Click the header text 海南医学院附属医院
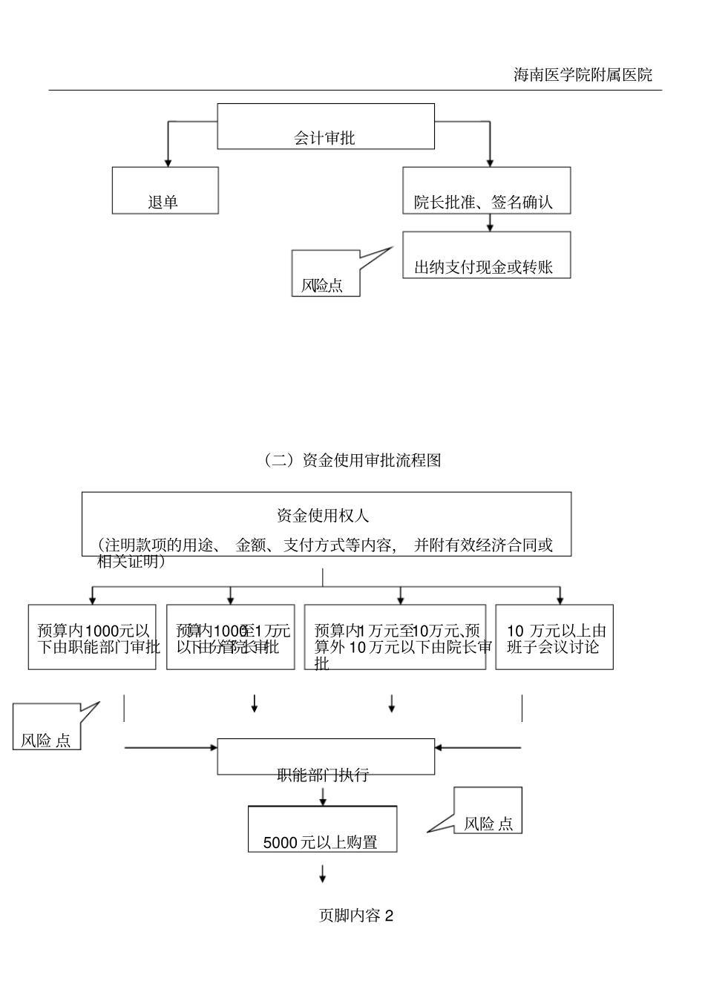(583, 75)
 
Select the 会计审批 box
(325, 127)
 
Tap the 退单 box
(165, 191)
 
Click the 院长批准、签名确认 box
(486, 191)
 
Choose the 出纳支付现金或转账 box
(486, 255)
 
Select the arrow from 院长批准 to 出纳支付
(489, 223)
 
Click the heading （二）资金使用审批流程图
(352, 460)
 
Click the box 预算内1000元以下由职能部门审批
(92, 637)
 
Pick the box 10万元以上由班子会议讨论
(554, 637)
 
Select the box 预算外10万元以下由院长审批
(396, 637)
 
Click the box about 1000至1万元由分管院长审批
(230, 637)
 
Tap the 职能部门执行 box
(325, 758)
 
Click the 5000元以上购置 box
(322, 830)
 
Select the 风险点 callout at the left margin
(47, 729)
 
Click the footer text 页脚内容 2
(355, 916)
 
